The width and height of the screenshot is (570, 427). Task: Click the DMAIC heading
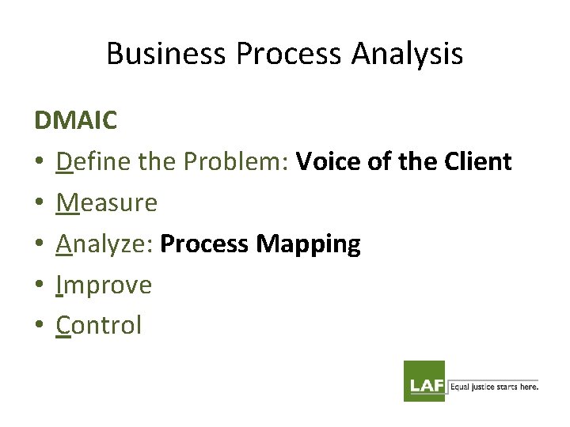76,121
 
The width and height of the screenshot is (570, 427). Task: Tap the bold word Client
477,162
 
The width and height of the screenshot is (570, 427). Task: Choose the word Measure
107,203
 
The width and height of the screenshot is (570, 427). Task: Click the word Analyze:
104,244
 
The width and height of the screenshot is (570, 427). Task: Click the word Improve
104,285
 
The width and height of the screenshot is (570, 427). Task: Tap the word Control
99,325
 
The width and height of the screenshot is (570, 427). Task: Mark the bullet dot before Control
40,326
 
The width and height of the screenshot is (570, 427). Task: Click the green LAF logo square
424,381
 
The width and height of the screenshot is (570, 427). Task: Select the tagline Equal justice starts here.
494,387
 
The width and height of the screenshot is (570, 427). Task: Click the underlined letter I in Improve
59,285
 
